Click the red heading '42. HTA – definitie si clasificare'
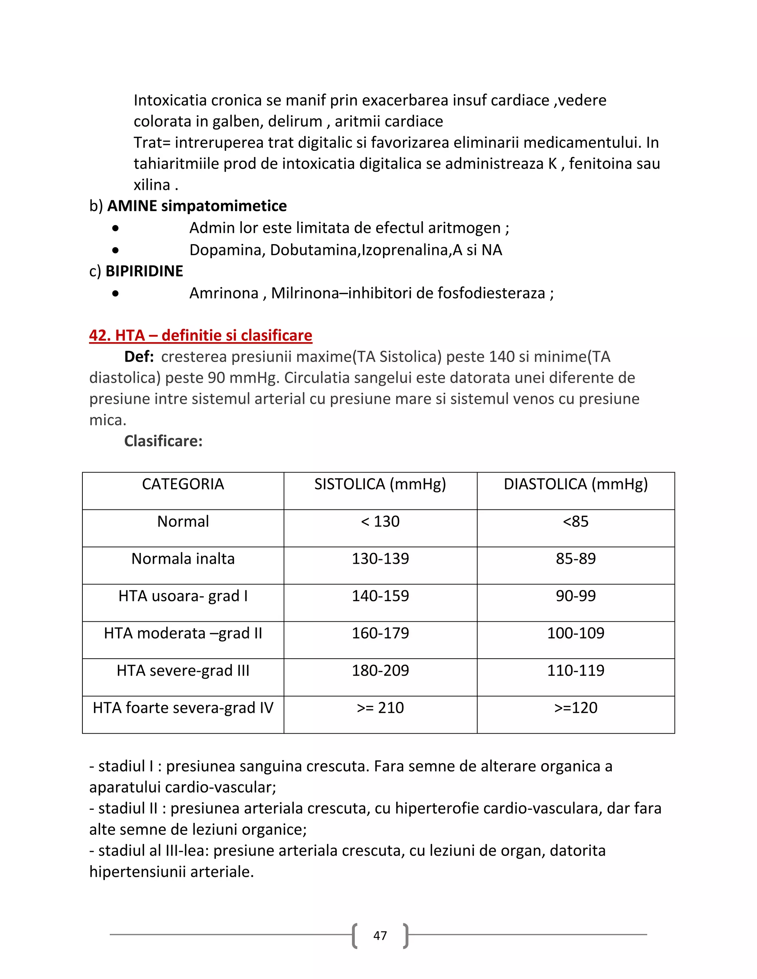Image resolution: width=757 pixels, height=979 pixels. tap(200, 335)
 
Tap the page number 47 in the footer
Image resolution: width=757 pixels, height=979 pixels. tap(380, 935)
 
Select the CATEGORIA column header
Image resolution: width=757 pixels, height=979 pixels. tap(183, 484)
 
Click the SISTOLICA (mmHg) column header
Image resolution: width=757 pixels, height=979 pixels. tap(380, 484)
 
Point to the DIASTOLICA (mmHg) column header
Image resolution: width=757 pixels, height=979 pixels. tap(576, 484)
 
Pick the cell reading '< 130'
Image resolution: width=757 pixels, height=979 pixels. tap(380, 521)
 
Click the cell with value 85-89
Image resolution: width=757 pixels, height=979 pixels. tap(576, 559)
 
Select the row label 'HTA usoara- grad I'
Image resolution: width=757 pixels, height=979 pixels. tap(183, 596)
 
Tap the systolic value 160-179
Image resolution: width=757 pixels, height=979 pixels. tap(380, 633)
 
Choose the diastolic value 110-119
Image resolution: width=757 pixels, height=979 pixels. tap(576, 670)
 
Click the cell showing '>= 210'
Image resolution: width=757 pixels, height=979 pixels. tap(380, 707)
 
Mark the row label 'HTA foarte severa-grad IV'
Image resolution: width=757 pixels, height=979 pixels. tap(183, 707)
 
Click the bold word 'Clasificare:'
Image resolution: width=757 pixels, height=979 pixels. tap(163, 441)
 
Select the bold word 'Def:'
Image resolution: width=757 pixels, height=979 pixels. tap(139, 357)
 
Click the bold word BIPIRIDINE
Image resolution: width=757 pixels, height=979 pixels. tap(144, 271)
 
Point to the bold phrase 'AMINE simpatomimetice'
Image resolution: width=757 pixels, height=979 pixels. tap(197, 206)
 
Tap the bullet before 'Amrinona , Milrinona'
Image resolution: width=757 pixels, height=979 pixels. tap(116, 294)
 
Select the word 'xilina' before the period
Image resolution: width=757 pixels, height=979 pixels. tap(152, 185)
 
